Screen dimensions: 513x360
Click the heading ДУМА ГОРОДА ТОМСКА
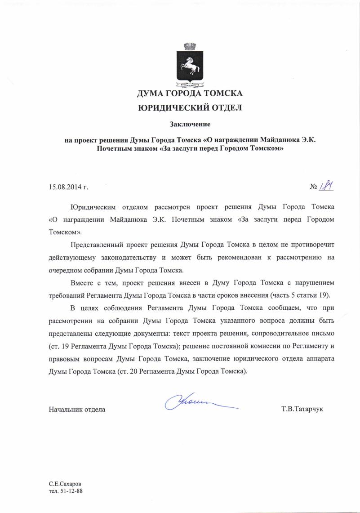click(x=190, y=94)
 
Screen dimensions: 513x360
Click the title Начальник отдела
click(x=77, y=410)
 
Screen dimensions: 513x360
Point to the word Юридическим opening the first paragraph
click(x=93, y=207)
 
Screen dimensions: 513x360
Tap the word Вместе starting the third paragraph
click(x=82, y=283)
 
